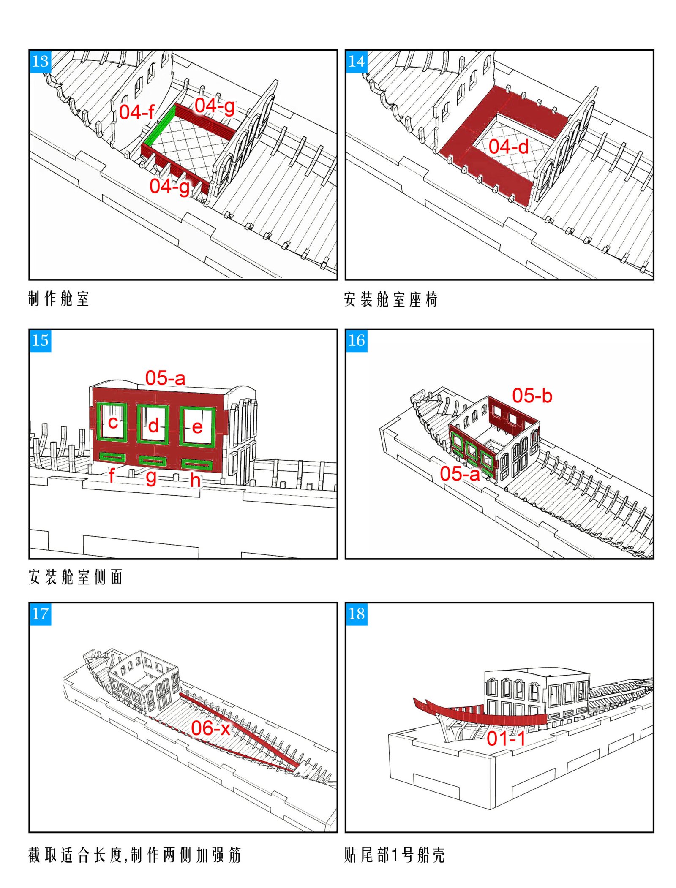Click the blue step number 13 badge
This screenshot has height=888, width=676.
click(x=41, y=62)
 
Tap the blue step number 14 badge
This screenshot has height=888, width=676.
click(x=357, y=62)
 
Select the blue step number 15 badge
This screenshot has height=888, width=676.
click(x=41, y=341)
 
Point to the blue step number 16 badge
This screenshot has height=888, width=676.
click(x=357, y=341)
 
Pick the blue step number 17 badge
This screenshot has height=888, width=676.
click(x=41, y=614)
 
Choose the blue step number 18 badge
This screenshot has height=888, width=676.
click(x=357, y=614)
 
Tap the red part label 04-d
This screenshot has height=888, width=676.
click(x=509, y=147)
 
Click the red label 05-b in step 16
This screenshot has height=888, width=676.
click(x=532, y=396)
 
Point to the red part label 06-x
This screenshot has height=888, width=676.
click(x=211, y=728)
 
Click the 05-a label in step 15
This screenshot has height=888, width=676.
click(x=166, y=378)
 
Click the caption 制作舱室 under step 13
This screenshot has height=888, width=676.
click(x=59, y=299)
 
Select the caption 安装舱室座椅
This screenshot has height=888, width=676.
click(x=391, y=299)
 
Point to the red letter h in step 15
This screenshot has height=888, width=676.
click(x=195, y=479)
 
